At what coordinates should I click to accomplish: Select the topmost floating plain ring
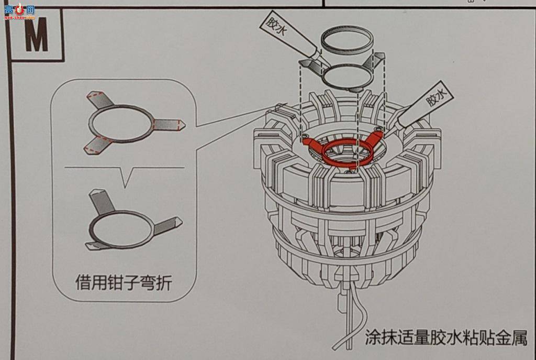(x=347, y=41)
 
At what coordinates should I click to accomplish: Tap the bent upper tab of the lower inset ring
(x=99, y=200)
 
